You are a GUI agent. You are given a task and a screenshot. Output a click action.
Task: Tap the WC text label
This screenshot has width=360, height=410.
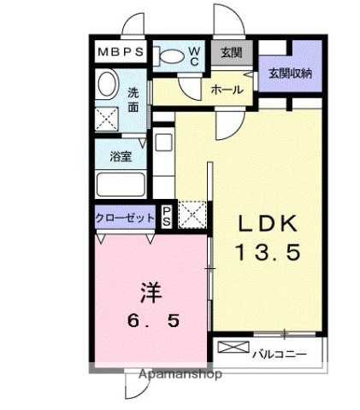pyautogui.click(x=194, y=56)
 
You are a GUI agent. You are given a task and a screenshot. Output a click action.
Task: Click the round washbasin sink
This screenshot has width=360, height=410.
pyautogui.click(x=108, y=85)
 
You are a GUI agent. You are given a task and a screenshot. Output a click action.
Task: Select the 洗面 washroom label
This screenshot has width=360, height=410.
pyautogui.click(x=134, y=101)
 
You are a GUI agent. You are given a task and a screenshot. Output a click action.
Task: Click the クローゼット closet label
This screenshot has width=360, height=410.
pyautogui.click(x=125, y=218)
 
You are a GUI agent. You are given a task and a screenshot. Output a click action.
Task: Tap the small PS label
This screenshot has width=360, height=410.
pyautogui.click(x=168, y=217)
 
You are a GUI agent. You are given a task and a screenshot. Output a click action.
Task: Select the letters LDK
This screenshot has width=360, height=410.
pyautogui.click(x=267, y=225)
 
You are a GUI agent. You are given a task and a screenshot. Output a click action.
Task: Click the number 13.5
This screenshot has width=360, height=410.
pyautogui.click(x=268, y=254)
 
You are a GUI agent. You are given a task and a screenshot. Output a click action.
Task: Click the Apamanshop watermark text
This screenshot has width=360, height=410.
pyautogui.click(x=177, y=374)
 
